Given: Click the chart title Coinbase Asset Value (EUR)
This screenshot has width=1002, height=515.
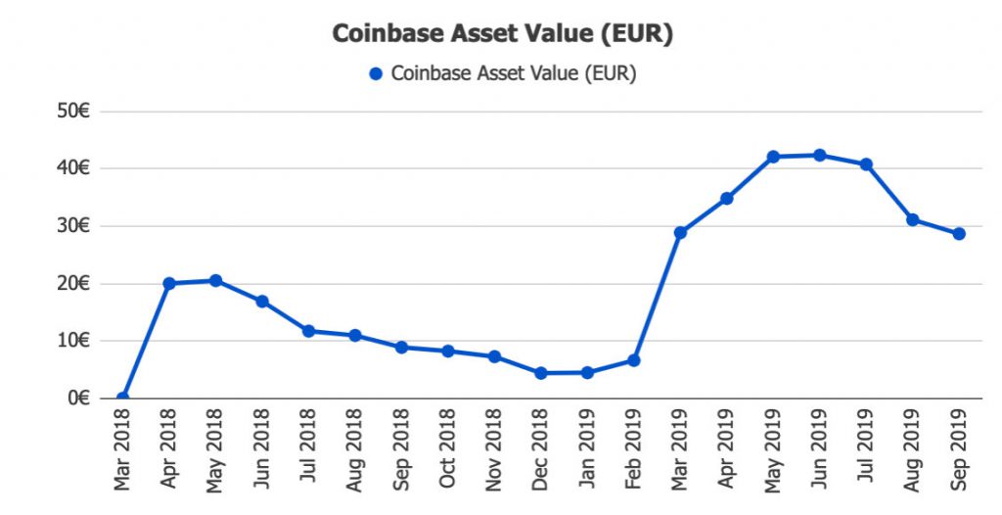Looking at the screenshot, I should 502,33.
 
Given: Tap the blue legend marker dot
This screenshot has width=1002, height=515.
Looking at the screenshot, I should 376,73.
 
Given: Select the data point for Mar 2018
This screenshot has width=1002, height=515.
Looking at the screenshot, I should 122,398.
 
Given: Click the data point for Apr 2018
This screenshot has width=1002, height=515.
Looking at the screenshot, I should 169,283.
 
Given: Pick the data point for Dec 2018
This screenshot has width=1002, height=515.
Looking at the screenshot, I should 540,373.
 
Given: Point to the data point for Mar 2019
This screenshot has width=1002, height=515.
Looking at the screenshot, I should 680,233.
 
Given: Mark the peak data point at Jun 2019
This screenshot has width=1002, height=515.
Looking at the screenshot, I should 819,155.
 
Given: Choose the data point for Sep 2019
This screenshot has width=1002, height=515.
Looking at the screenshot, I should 959,234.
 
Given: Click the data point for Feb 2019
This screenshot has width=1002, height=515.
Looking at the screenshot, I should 633,360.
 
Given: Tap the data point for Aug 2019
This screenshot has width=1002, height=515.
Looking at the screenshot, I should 912,219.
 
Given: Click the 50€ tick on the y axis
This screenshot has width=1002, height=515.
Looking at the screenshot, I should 74,112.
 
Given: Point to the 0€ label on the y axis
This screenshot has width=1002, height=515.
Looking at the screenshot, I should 79,398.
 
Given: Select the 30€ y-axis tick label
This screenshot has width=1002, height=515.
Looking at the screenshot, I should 74,226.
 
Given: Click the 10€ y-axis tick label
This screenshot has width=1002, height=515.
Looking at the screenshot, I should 74,341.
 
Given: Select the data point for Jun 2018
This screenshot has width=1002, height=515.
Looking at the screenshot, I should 262,302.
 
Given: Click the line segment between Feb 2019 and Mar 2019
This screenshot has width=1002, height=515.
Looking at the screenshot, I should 657,297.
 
